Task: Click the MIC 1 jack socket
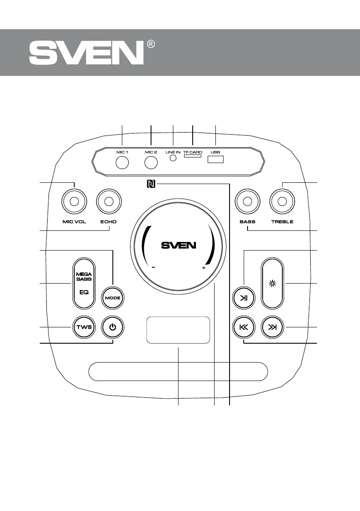123,163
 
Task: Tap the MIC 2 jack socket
151,163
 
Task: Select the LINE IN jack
173,158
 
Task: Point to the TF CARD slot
193,157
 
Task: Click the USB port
215,159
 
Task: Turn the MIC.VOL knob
74,201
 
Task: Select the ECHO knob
109,201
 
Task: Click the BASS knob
248,201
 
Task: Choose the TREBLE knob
282,201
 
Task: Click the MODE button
113,298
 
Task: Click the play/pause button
244,298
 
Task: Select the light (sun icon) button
272,284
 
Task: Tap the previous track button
244,327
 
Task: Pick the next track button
272,327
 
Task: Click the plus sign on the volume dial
203,268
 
